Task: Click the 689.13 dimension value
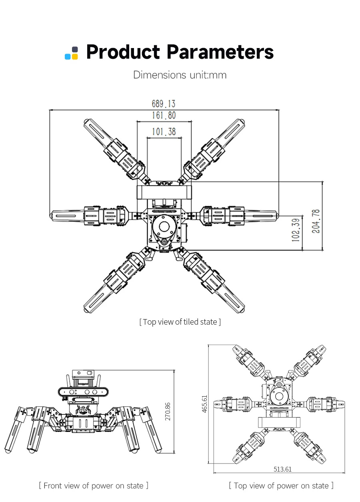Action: pos(164,104)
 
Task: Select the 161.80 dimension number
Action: pos(164,115)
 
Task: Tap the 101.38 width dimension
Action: pos(164,132)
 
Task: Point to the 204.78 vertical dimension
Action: pos(316,221)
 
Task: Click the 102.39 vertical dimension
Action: pos(296,230)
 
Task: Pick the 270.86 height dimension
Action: pos(168,412)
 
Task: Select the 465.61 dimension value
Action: pos(205,404)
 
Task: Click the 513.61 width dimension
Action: pos(282,469)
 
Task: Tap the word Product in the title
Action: pos(123,52)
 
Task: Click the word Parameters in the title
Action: pos(220,52)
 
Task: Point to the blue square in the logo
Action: pos(68,56)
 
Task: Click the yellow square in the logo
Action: pos(75,56)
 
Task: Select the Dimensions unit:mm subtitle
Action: pos(180,75)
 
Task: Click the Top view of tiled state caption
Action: pos(180,322)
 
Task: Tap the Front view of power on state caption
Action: pos(94,486)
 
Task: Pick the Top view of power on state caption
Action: pos(281,486)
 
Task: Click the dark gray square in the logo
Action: pos(75,49)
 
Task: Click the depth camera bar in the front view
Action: pos(83,392)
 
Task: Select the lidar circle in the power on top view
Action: pos(279,396)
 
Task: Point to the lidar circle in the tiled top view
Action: pos(164,227)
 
